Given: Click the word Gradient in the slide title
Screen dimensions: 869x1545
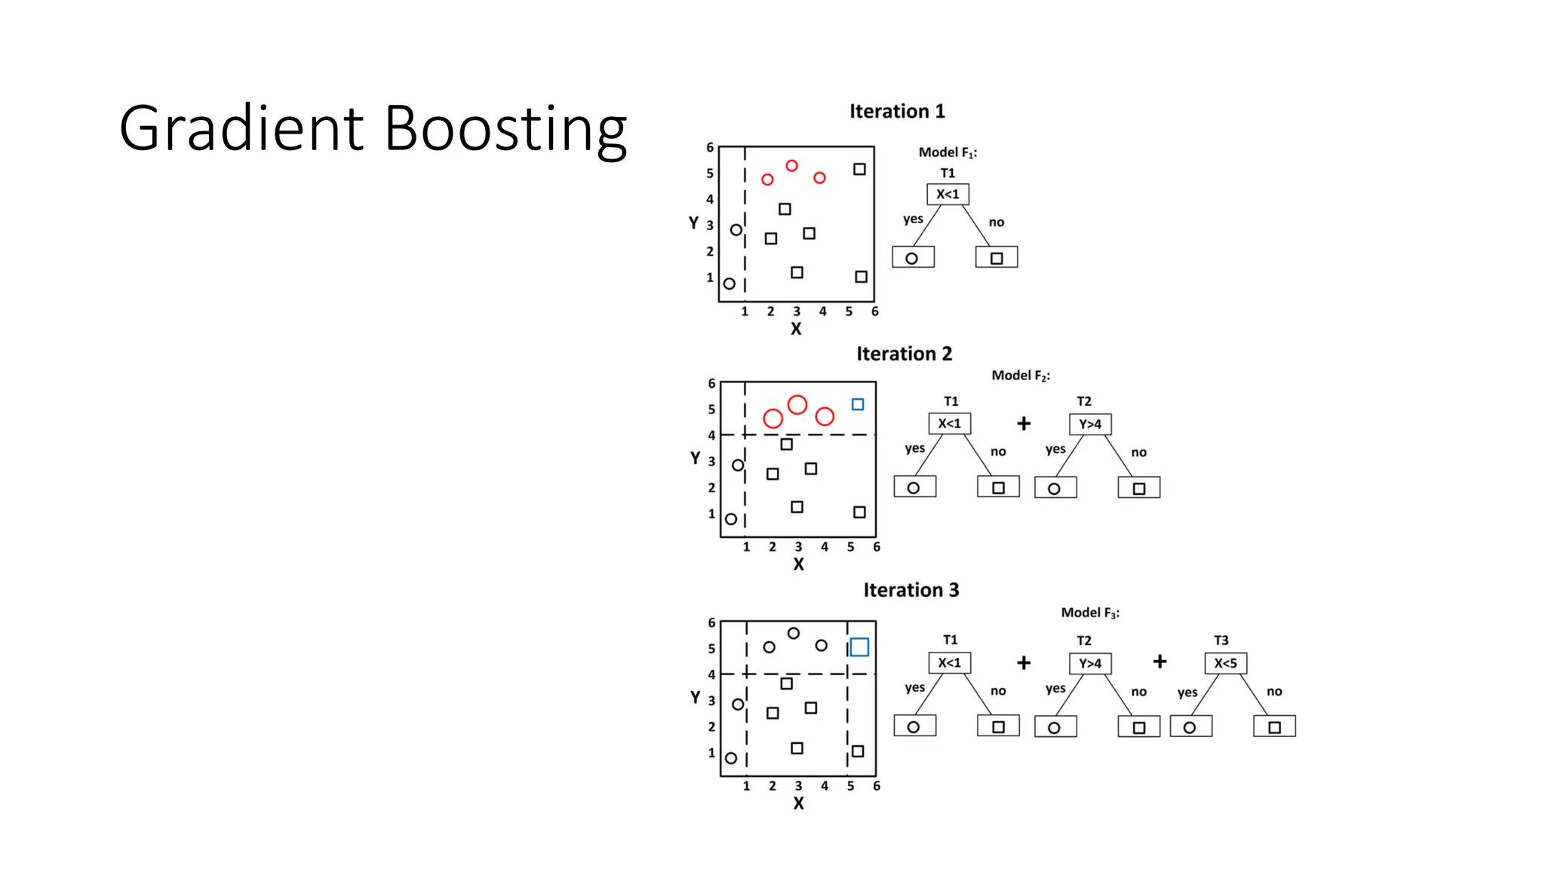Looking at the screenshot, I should pos(242,128).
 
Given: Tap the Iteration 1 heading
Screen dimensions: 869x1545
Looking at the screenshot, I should pos(897,112).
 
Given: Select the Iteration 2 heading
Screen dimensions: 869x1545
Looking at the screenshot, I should pos(904,354).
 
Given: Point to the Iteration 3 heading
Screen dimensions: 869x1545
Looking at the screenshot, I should pos(911,590).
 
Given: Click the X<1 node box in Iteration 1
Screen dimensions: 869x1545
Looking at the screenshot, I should pos(948,195).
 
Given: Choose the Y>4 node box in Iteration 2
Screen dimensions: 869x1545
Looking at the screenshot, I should pos(1090,424).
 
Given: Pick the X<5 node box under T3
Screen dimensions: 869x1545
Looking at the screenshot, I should pos(1225,663).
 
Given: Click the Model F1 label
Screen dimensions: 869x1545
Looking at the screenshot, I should pos(948,152).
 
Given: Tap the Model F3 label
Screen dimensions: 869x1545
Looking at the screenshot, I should pos(1090,613).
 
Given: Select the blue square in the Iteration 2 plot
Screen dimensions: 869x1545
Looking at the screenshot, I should pos(858,404).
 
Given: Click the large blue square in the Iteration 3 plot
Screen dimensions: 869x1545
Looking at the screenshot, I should pos(859,647).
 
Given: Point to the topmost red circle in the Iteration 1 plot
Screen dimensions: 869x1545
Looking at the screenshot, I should pos(791,166).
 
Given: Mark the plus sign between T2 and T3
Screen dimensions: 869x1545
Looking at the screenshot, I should pos(1160,662).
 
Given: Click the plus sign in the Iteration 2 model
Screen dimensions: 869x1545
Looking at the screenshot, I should pos(1024,423).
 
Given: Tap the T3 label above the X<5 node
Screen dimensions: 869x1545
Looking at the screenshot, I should pos(1221,640).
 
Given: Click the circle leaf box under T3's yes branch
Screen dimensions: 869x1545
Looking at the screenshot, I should pos(1190,727).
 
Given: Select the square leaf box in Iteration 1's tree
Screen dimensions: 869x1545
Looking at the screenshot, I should pos(996,258).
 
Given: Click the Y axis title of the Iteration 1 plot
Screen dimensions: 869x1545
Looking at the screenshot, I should pos(693,223).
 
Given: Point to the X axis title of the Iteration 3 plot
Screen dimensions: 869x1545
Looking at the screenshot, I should pos(798,804).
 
